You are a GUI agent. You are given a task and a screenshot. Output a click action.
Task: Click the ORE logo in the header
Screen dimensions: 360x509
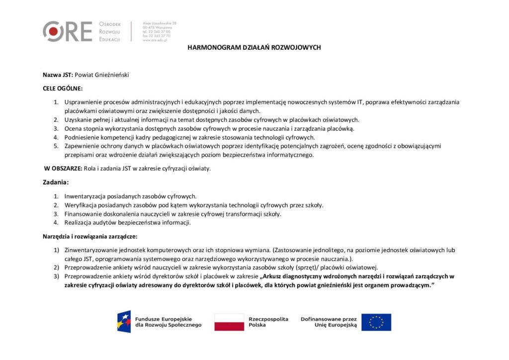coord(67,31)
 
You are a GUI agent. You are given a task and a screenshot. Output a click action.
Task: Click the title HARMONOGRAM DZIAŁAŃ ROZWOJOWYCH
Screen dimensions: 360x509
coord(254,47)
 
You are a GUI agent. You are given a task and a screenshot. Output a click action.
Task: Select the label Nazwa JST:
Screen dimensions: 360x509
coord(58,75)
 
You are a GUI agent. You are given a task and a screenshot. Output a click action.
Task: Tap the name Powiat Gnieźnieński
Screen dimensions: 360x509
coord(102,75)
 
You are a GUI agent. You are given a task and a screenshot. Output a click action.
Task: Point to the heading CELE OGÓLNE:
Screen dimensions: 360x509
coord(63,88)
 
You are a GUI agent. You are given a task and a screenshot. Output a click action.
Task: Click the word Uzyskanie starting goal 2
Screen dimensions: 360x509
coord(78,120)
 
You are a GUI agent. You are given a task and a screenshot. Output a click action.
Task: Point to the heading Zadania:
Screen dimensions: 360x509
coord(56,182)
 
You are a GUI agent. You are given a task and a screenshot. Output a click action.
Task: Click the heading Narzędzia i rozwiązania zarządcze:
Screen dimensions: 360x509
coord(90,236)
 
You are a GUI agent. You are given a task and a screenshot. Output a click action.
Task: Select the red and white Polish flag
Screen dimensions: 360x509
coord(229,322)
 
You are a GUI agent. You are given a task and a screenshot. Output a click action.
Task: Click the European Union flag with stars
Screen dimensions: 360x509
coord(376,322)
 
